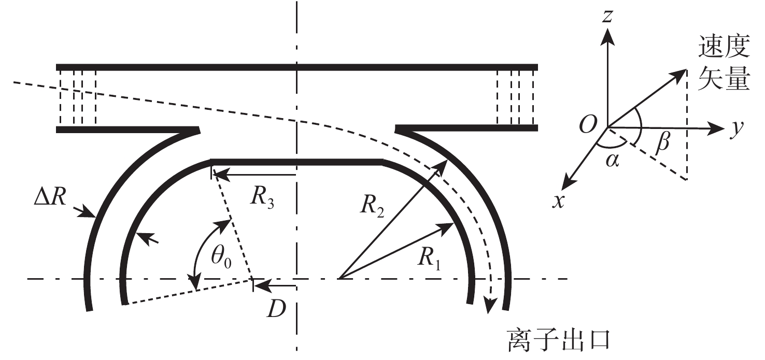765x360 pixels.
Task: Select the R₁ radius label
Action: pos(429,260)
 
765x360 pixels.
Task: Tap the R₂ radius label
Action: pos(372,207)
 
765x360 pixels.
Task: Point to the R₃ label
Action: pos(262,197)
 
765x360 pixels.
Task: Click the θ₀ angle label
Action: pos(221,257)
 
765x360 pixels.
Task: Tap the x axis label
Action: pos(558,201)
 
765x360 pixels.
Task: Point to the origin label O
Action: pos(588,124)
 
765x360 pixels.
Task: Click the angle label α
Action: pos(612,161)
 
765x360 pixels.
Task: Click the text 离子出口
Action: pos(559,340)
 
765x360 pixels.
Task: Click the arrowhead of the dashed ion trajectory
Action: pos(491,306)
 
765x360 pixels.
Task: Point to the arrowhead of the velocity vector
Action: pos(679,74)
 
